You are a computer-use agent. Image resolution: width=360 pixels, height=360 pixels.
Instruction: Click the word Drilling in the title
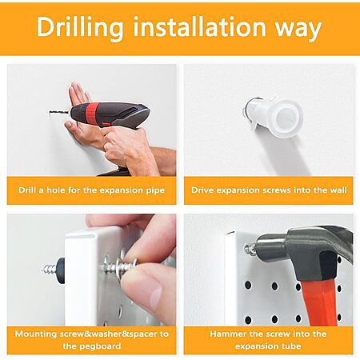pos(80,28)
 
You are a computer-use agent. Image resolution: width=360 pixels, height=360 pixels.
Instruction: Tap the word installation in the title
pos(199,26)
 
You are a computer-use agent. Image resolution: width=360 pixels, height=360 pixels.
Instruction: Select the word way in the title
pos(298,30)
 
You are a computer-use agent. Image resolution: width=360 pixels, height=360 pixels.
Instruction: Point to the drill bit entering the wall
pos(60,112)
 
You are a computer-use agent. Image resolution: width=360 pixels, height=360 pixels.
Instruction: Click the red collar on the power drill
pos(91,111)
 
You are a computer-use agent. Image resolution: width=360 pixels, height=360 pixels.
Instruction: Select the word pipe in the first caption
pos(155,191)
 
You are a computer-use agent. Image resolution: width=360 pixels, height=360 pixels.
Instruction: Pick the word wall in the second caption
pos(338,190)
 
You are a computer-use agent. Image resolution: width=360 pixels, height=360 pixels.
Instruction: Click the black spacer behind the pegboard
pos(61,270)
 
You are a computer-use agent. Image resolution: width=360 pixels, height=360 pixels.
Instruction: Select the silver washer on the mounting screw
pos(106,266)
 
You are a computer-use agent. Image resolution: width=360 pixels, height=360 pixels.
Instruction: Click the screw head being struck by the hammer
pos(250,250)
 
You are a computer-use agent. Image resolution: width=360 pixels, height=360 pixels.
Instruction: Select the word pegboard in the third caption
pos(92,346)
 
